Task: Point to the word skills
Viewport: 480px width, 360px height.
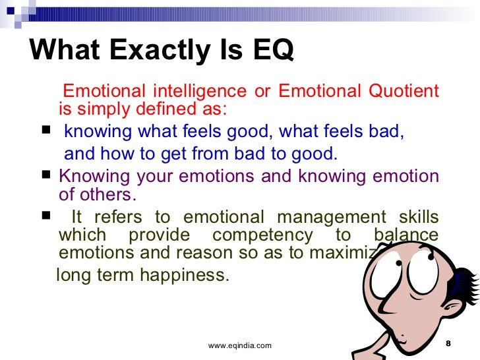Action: coord(414,218)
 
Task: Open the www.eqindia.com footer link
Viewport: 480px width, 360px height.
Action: coord(239,345)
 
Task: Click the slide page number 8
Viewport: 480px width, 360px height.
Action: coord(448,344)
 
